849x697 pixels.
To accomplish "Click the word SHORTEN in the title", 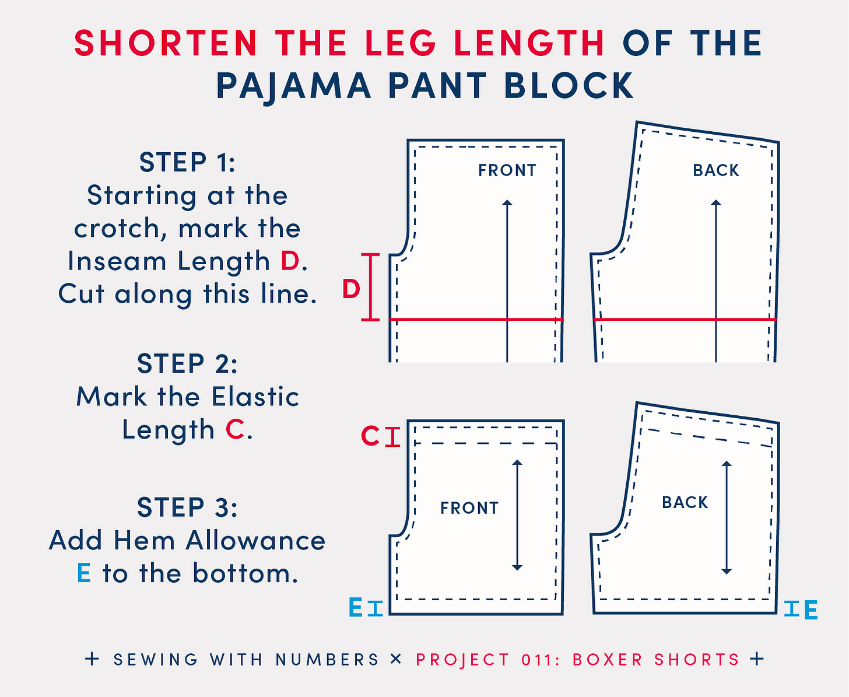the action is point(166,43).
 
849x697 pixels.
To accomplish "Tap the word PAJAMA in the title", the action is point(293,86).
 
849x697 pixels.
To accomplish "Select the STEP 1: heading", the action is point(187,162).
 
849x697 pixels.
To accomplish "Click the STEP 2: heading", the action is point(187,363).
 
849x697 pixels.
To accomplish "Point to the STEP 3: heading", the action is point(187,507).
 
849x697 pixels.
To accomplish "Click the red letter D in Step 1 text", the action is point(290,261).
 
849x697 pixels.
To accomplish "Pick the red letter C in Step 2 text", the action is point(235,429).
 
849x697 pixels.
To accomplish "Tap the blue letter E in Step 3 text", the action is point(84,573).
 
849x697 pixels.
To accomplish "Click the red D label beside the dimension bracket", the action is point(351,289).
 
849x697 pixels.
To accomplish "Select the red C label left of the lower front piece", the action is point(370,436).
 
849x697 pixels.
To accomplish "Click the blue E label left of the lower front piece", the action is point(356,608).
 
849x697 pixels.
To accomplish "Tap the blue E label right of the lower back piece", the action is point(811,610).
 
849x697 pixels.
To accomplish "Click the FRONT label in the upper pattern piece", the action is point(507,170).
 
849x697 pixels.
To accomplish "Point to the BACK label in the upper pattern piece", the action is point(715,170).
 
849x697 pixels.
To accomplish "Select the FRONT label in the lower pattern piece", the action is point(469,508).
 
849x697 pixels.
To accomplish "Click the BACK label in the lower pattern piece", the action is point(685,503).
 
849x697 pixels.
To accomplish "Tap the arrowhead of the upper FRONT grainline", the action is point(507,202).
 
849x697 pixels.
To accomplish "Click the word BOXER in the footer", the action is point(608,660).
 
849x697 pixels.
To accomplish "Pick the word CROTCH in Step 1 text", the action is point(120,228).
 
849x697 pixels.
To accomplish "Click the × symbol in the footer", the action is point(396,659).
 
